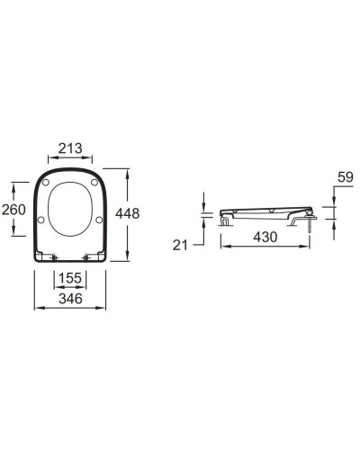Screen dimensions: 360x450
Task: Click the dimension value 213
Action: pos(70,148)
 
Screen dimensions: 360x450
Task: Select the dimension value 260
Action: pos(13,210)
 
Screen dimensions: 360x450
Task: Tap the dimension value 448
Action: pos(128,213)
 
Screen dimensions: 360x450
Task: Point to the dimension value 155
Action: pos(70,278)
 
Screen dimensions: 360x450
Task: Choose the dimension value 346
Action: pos(70,299)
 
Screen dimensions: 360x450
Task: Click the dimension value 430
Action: pos(265,237)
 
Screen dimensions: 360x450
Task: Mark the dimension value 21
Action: pos(180,246)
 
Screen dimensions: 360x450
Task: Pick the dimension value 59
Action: pos(346,177)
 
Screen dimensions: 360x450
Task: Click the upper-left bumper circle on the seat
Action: pos(46,182)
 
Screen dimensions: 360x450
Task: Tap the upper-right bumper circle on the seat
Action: pos(94,182)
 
